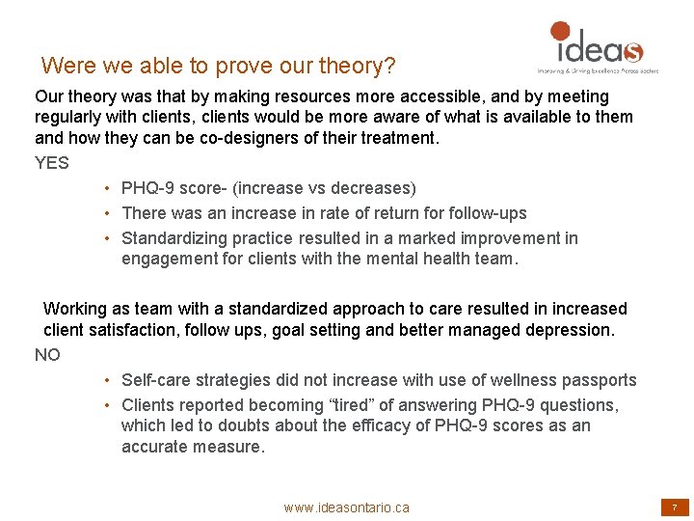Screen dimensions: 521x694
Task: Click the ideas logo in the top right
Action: click(595, 43)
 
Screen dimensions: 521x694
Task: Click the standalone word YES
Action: click(52, 163)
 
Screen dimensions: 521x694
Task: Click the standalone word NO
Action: click(47, 355)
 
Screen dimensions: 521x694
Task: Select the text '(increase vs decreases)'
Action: click(334, 188)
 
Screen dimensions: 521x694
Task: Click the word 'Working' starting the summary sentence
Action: click(77, 309)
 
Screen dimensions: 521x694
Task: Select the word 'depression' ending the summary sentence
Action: click(567, 330)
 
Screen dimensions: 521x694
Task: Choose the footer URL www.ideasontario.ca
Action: click(346, 507)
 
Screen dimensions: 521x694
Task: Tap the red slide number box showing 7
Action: click(674, 507)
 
